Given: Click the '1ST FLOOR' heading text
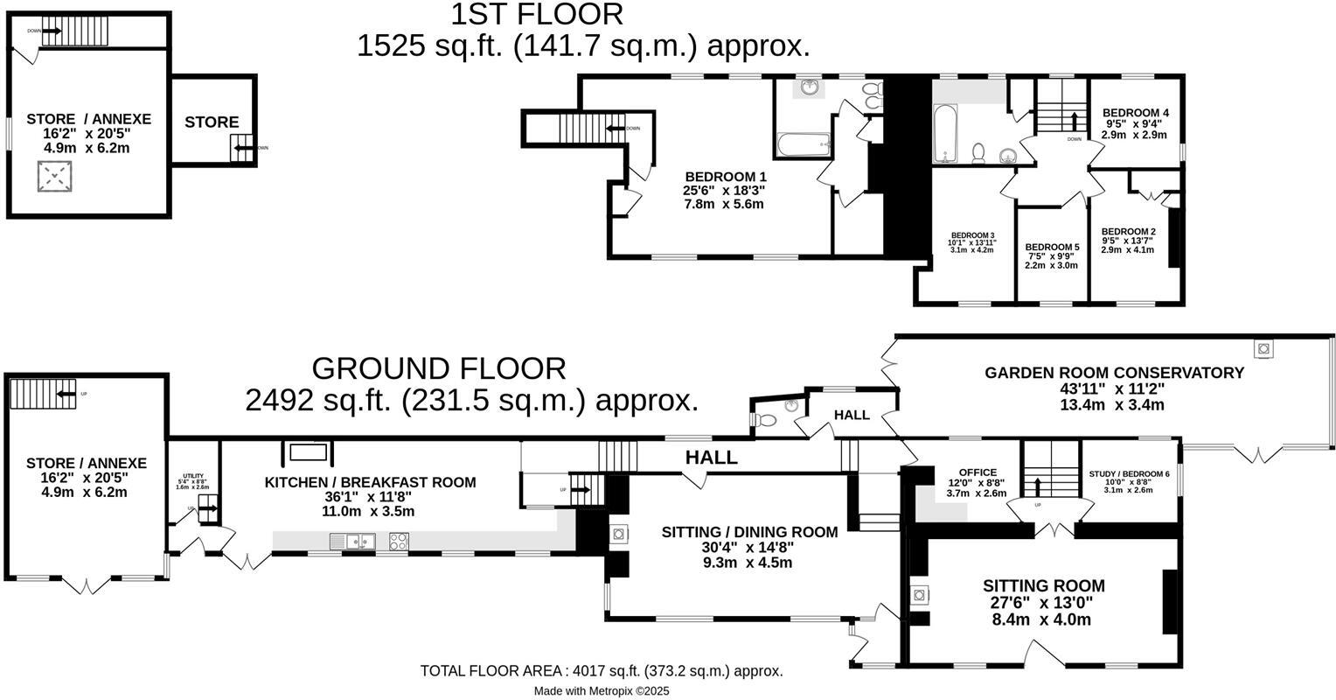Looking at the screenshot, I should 537,14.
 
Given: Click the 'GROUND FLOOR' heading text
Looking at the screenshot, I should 438,368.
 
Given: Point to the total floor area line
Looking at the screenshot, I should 601,671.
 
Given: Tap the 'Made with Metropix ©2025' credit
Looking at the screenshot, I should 602,690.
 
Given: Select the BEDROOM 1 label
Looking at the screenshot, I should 724,176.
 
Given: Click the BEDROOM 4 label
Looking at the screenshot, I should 1135,113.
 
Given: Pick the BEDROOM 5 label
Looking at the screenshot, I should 1052,248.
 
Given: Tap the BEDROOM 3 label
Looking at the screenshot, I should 973,235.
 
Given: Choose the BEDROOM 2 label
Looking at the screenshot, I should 1127,232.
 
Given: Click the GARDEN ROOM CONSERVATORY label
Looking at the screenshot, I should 1114,373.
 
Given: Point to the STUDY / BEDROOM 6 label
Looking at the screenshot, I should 1128,474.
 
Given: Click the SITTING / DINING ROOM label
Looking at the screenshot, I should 749,531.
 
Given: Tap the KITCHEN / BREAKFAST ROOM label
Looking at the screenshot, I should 371,482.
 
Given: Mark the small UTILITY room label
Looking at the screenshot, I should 193,476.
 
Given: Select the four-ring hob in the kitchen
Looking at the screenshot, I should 397,542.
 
